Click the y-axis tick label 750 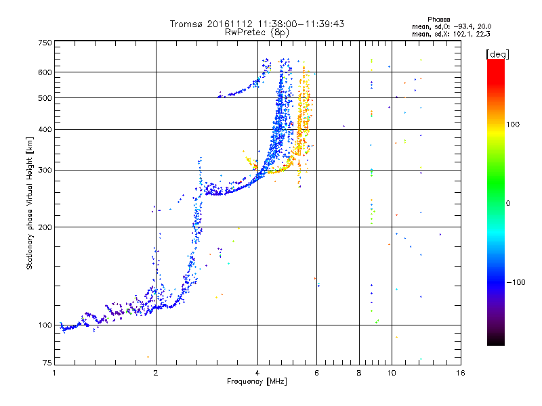pyautogui.click(x=45, y=43)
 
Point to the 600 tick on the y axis pyautogui.click(x=45, y=72)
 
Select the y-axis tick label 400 pyautogui.click(x=45, y=129)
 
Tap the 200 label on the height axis pyautogui.click(x=45, y=227)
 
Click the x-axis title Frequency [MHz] pyautogui.click(x=257, y=382)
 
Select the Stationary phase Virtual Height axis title pyautogui.click(x=30, y=204)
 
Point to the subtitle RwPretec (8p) pyautogui.click(x=257, y=32)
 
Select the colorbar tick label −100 pyautogui.click(x=516, y=282)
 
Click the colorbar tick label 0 pyautogui.click(x=509, y=203)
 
